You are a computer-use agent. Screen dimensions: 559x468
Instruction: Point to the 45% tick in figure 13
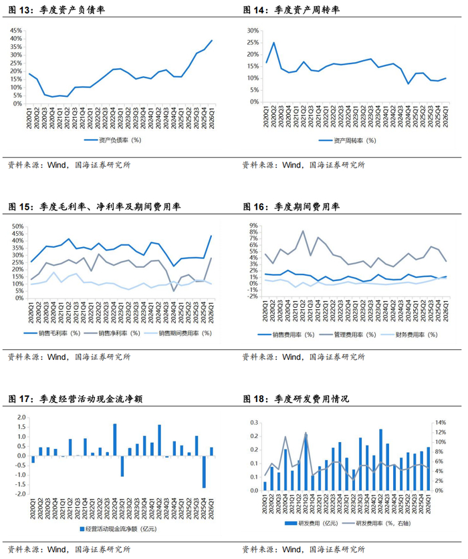click(17, 30)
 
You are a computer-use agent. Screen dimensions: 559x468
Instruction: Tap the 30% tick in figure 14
click(251, 30)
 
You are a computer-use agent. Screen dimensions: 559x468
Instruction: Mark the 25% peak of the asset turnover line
click(273, 43)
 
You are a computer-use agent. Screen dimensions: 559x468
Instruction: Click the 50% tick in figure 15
click(17, 226)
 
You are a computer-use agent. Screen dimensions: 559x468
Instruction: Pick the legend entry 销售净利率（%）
click(121, 333)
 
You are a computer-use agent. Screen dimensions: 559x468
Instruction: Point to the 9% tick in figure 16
click(253, 226)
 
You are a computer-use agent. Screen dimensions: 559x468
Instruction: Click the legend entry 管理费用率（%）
click(355, 333)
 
